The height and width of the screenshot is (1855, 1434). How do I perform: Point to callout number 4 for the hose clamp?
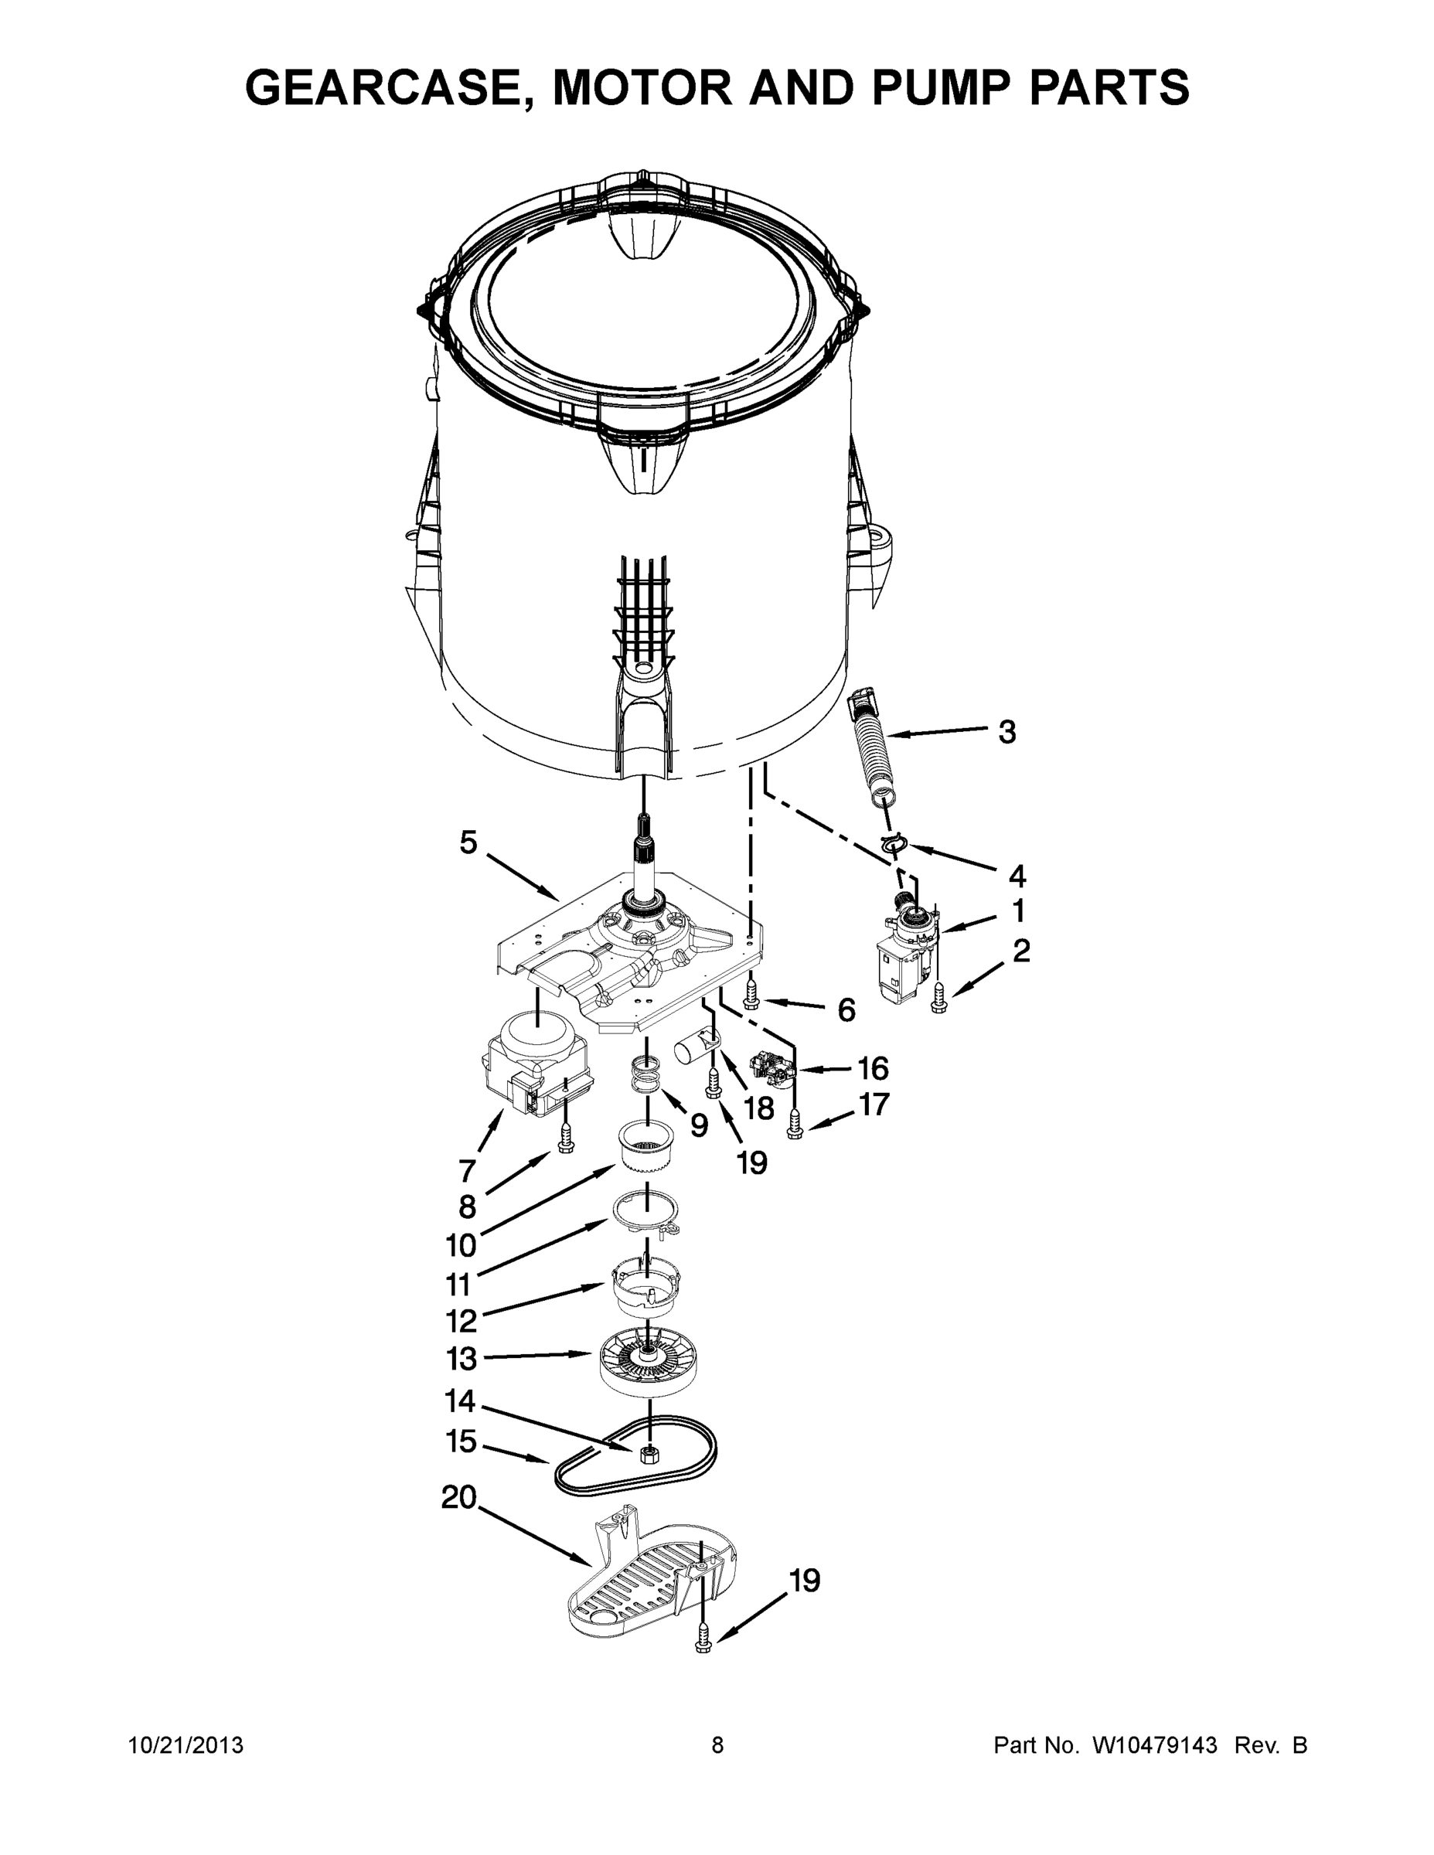1017,875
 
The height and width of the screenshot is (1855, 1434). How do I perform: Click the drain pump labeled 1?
902,955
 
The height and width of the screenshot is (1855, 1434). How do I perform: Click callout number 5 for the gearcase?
468,842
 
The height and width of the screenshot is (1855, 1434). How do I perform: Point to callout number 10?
462,1246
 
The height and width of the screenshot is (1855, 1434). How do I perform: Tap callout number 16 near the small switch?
874,1067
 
